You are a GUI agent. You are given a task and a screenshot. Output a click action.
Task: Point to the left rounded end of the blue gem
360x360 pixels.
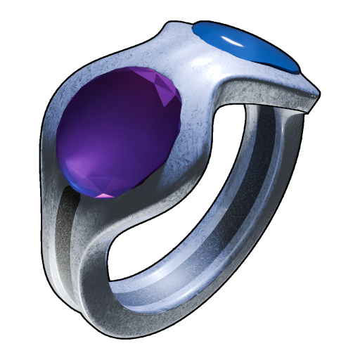pos(197,32)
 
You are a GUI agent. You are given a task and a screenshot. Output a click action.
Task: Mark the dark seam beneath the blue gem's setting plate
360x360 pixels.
pos(281,105)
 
